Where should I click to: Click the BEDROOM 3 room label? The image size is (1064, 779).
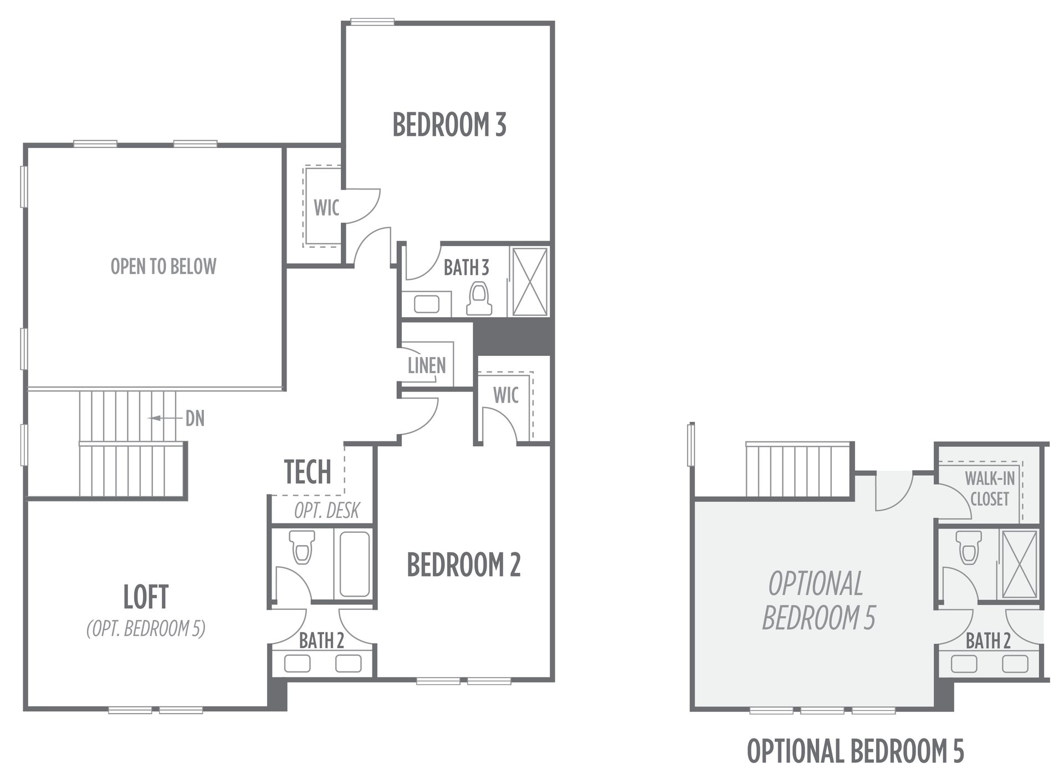[x=449, y=125]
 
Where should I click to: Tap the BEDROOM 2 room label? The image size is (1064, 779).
[x=464, y=564]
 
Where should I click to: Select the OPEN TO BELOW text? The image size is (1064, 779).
[x=163, y=267]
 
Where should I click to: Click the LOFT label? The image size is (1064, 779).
[x=146, y=597]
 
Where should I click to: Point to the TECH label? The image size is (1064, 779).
[x=308, y=472]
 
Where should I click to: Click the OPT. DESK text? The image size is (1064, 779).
[x=327, y=510]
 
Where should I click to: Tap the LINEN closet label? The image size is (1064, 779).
[x=427, y=365]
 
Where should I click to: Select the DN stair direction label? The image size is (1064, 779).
[x=195, y=419]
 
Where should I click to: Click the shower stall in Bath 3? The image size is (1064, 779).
[x=529, y=282]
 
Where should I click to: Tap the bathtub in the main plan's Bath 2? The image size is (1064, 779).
[x=355, y=564]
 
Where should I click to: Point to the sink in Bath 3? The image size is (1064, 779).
[x=427, y=304]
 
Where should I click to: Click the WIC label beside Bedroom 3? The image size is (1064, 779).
[x=326, y=208]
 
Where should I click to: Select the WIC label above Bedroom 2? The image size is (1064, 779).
[x=506, y=395]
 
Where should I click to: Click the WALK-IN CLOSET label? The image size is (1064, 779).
[x=990, y=488]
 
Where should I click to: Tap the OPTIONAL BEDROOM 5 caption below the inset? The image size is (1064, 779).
[x=856, y=752]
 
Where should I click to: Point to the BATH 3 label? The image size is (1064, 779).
[x=467, y=268]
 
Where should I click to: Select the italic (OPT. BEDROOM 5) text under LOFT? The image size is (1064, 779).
[x=146, y=629]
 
